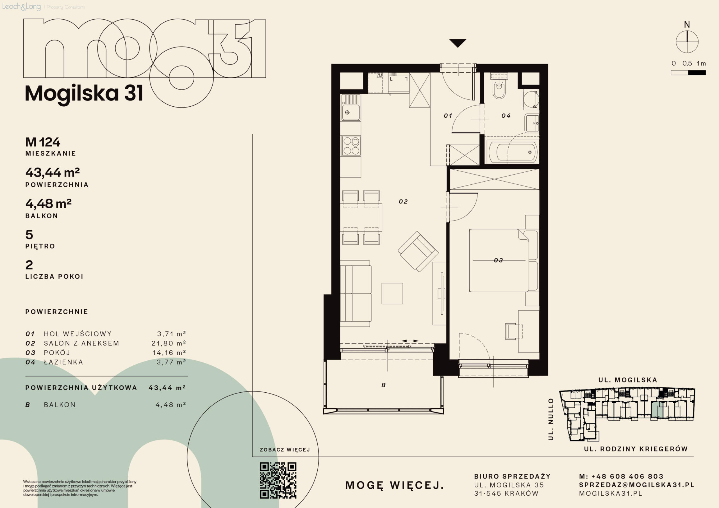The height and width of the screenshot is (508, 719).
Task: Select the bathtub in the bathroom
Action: [512, 152]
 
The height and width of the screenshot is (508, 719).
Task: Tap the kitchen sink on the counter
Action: [351, 108]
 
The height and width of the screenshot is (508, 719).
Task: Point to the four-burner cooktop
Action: [351, 146]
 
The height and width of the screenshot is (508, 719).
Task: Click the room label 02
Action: [403, 202]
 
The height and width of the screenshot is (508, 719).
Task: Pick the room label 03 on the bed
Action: [498, 260]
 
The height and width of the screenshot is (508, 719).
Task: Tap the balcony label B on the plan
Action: [384, 385]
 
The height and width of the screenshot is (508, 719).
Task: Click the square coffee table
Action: [392, 294]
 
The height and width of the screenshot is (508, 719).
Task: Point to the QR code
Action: [278, 480]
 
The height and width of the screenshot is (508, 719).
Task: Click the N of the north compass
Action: [687, 24]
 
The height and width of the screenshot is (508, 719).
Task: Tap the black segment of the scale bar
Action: [697, 73]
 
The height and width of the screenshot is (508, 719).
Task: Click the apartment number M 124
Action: [43, 142]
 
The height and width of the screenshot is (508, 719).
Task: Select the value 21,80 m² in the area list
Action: [169, 343]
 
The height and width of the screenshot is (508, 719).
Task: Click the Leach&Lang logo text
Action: [21, 6]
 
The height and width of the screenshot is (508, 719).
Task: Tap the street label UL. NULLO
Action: [551, 419]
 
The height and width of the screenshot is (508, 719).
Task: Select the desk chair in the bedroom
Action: [513, 331]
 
